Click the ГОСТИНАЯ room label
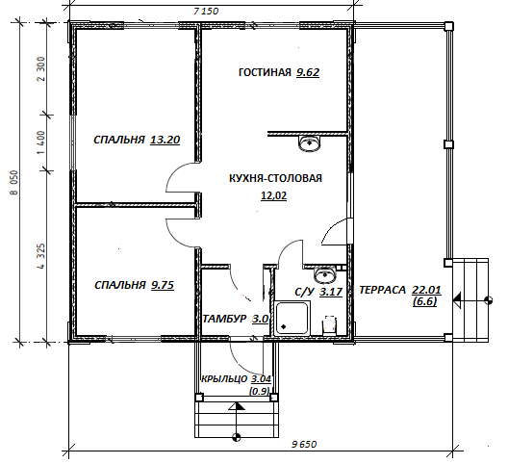click(265, 72)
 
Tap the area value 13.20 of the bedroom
click(165, 140)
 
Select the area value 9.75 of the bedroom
click(163, 285)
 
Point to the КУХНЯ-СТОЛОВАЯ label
click(276, 178)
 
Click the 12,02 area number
click(274, 195)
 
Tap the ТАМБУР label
click(224, 319)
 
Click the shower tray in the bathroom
click(292, 318)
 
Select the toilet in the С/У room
click(329, 324)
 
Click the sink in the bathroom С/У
click(325, 275)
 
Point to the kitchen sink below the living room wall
click(310, 143)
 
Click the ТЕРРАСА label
click(382, 290)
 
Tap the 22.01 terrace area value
click(426, 290)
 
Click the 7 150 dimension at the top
click(206, 12)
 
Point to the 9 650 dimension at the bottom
click(304, 444)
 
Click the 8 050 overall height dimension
click(14, 183)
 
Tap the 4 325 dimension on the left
click(41, 256)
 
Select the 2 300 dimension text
click(41, 68)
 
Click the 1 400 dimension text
click(41, 142)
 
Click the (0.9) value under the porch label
click(259, 391)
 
